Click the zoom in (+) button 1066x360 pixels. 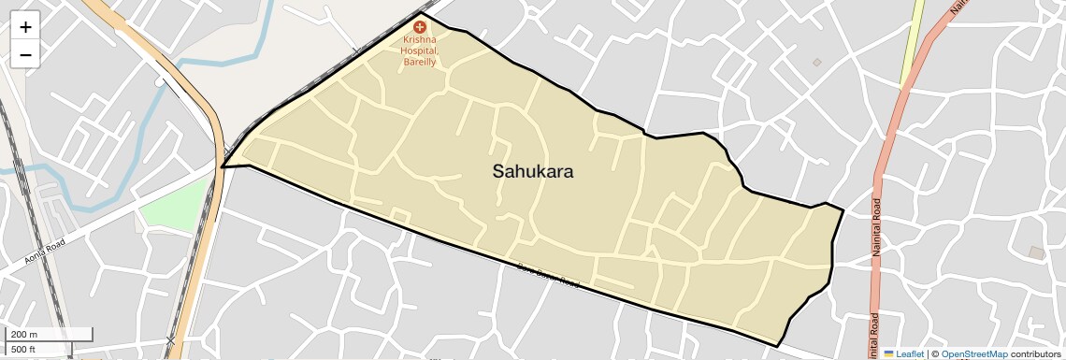tap(25, 27)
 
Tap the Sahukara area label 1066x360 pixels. tap(533, 172)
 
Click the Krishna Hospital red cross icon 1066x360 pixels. tap(420, 28)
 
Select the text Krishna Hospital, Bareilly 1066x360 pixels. tap(420, 50)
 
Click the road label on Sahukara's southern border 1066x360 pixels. tap(548, 276)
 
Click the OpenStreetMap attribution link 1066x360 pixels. tap(974, 354)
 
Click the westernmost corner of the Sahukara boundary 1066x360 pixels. tap(222, 167)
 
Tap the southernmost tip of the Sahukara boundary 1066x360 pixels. tap(777, 347)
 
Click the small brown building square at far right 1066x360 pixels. tap(1036, 252)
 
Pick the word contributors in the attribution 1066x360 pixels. tap(1036, 354)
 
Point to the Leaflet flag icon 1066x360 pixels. tap(888, 354)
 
